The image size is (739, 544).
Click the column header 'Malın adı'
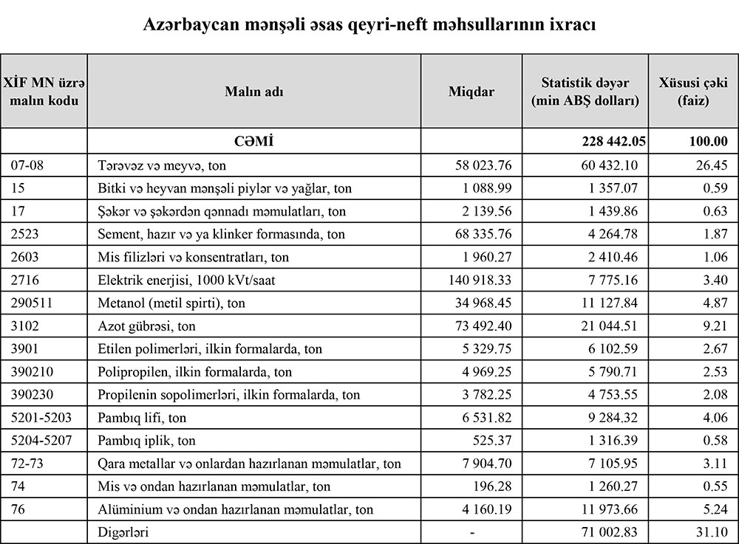[x=253, y=92]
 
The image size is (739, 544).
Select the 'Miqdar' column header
[x=471, y=92]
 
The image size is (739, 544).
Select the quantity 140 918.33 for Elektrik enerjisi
[x=470, y=280]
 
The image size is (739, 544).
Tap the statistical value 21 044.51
[x=608, y=326]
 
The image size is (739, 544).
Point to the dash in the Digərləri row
[x=471, y=532]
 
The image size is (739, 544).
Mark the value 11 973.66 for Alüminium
[x=608, y=509]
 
